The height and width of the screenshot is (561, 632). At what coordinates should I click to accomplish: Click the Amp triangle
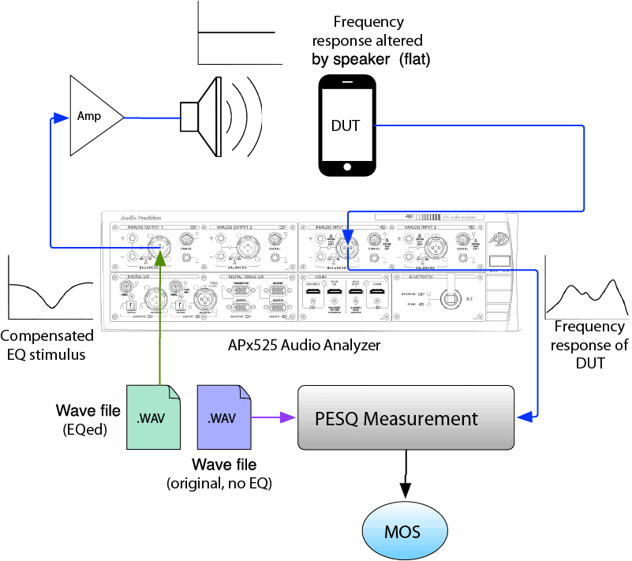tap(93, 116)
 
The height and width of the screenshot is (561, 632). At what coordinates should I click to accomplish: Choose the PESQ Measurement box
tap(405, 418)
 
